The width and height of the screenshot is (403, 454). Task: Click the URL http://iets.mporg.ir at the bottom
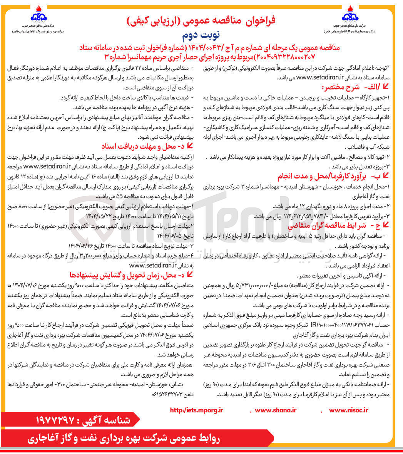(196, 410)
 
